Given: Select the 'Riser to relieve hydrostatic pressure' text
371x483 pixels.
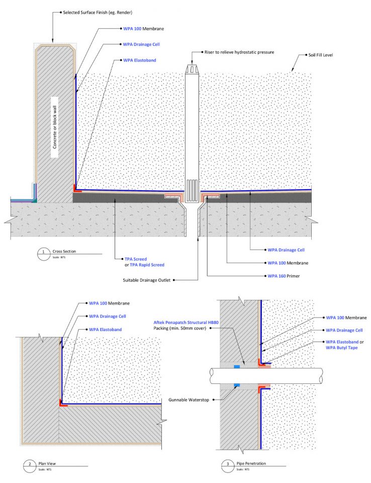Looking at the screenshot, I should [239, 52].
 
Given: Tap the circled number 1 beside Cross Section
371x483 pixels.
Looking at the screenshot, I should [44, 253].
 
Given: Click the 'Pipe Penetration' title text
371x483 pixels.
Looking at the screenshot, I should [250, 464].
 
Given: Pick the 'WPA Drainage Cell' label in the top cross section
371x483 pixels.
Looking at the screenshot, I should [145, 44].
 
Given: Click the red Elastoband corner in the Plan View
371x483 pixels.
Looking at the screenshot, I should [62, 403].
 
